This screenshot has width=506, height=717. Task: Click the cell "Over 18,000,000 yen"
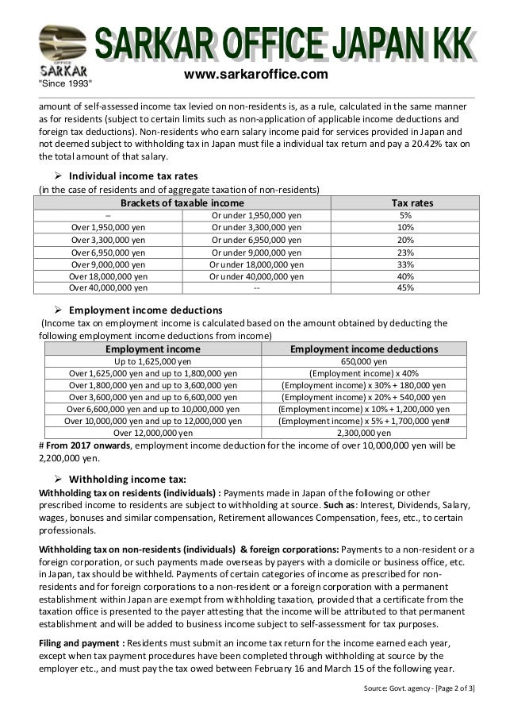tap(108, 276)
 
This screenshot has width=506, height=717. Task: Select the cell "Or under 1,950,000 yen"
tap(256, 215)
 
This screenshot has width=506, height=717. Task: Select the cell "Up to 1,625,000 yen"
tap(153, 360)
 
